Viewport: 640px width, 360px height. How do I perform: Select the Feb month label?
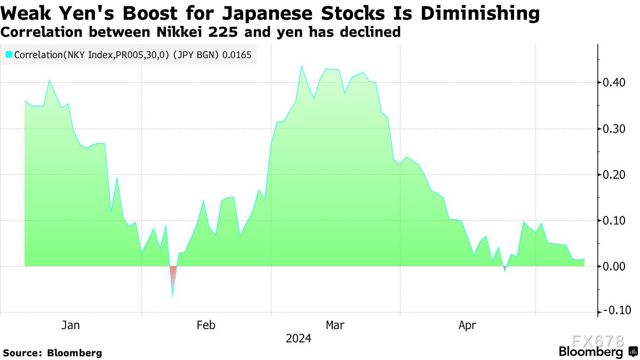point(206,325)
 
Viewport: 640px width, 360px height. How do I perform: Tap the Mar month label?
point(335,325)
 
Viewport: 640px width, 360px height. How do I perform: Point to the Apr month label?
point(467,325)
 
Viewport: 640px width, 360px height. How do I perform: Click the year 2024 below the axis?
point(299,339)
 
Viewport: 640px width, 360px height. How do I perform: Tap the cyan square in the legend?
point(9,54)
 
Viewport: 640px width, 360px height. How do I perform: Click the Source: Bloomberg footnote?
point(52,353)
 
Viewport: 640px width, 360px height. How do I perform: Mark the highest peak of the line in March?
point(301,66)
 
